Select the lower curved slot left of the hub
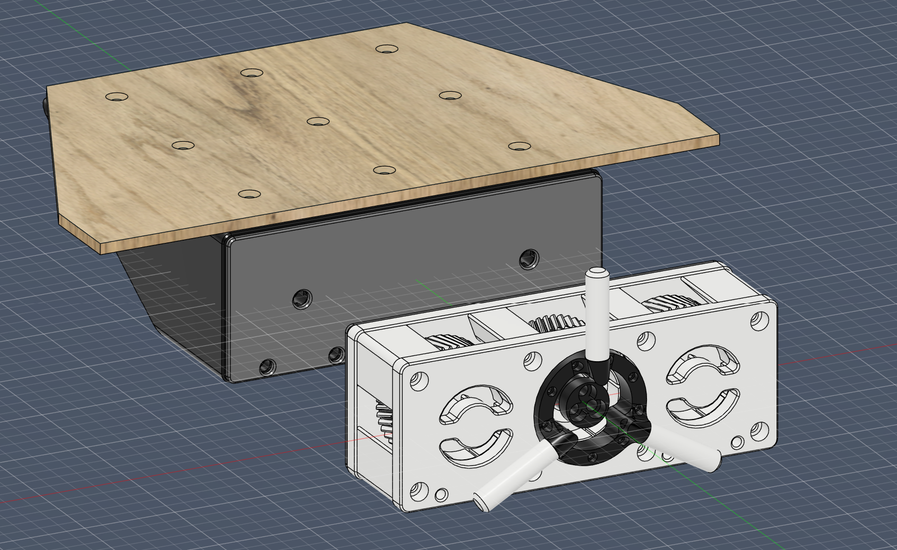point(475,448)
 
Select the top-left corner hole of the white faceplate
point(420,381)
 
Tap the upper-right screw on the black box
point(529,258)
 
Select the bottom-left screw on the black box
point(268,366)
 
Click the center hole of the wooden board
point(318,121)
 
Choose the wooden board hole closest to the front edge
point(249,194)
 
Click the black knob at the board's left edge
point(45,106)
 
